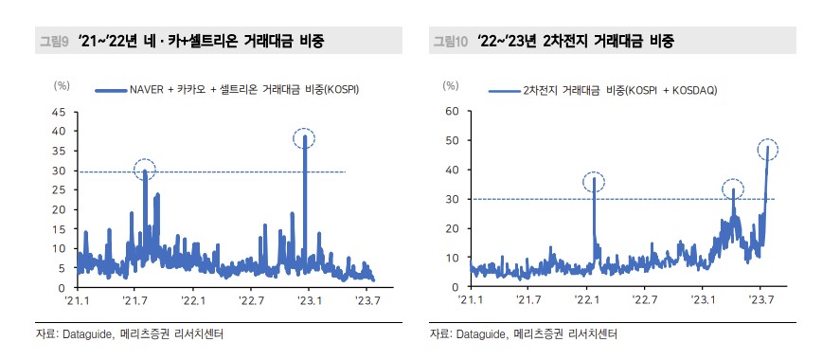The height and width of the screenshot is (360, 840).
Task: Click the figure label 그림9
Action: point(51,41)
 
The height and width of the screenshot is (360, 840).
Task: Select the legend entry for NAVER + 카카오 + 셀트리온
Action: point(227,90)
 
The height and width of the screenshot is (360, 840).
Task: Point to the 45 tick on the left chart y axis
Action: point(59,112)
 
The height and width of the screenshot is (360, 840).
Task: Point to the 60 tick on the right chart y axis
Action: point(452,112)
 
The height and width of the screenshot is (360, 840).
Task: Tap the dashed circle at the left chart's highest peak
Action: point(304,138)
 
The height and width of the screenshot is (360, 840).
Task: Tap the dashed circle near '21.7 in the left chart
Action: point(145,171)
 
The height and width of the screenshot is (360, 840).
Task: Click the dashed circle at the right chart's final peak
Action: point(768,149)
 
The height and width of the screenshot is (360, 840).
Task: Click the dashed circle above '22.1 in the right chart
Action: point(594,180)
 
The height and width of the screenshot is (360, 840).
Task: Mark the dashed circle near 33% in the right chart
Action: point(732,189)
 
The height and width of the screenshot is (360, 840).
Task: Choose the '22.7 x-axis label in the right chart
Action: point(645,300)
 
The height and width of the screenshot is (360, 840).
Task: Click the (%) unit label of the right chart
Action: point(452,86)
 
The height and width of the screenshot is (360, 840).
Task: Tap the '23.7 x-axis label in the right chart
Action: point(760,300)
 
